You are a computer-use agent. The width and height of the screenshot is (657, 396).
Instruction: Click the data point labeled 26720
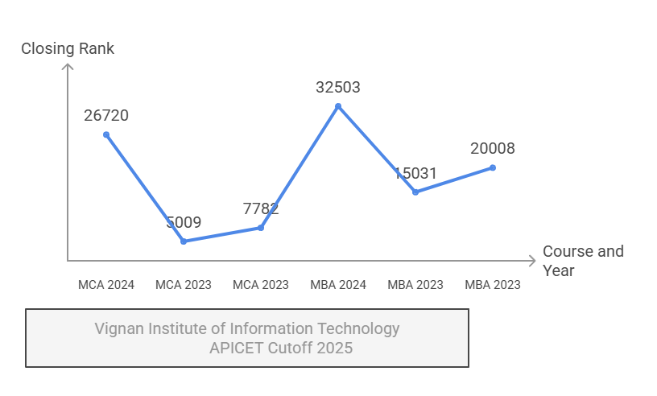[106, 134]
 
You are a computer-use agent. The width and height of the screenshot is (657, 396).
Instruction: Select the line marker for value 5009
[184, 241]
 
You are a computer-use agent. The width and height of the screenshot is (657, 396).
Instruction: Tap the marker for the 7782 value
[261, 228]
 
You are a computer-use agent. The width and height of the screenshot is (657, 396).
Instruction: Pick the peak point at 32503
[338, 106]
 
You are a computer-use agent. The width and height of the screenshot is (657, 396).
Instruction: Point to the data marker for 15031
[415, 192]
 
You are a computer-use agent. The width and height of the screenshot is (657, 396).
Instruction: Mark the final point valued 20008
[493, 167]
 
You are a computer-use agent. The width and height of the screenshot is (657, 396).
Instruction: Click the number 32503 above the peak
[338, 88]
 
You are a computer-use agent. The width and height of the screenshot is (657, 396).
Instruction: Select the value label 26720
[106, 116]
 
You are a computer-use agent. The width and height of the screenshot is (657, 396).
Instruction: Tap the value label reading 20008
[493, 149]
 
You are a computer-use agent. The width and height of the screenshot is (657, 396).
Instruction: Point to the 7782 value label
[261, 209]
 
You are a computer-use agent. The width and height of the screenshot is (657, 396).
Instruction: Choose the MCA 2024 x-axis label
[106, 285]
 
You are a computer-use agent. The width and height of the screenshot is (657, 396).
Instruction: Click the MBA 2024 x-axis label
[338, 285]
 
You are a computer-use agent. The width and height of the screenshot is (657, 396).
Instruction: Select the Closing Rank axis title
[68, 49]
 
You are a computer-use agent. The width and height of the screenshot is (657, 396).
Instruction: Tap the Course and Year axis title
[583, 261]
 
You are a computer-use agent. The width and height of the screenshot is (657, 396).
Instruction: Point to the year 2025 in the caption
[335, 349]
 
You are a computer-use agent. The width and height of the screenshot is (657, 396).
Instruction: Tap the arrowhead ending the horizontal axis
[531, 261]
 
